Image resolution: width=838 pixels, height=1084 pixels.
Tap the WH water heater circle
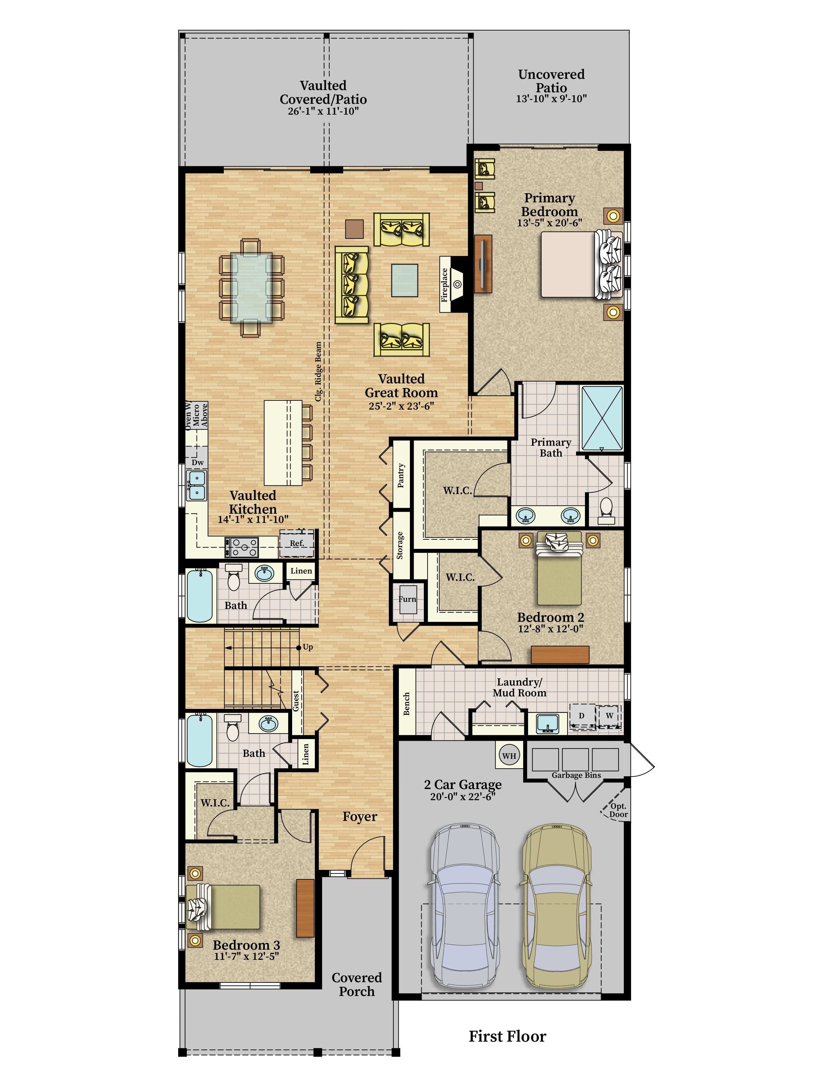tap(509, 756)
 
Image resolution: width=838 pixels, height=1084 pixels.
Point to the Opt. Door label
tap(618, 810)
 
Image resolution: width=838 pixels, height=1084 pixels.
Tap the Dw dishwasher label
tap(198, 462)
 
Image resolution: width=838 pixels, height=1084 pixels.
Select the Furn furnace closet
tap(407, 599)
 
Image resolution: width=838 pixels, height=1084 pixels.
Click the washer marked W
tap(609, 716)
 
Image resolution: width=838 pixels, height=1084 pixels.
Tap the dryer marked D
tap(581, 716)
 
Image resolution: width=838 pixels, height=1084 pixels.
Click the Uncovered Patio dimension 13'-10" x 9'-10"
tap(551, 99)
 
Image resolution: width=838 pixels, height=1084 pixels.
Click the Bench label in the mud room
tap(407, 703)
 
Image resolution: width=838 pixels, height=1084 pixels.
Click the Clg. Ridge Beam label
tap(318, 371)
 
